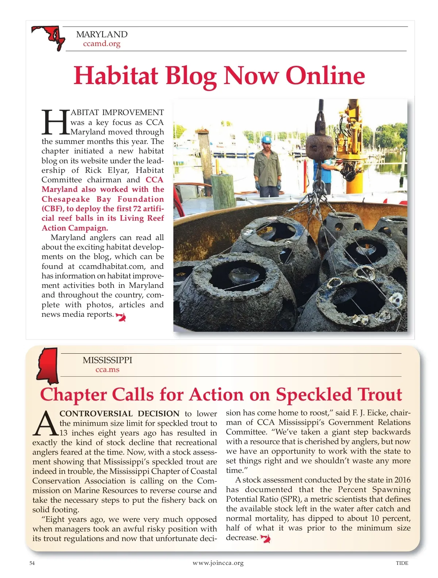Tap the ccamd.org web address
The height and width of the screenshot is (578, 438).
pyautogui.click(x=101, y=44)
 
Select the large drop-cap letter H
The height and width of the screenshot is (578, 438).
pyautogui.click(x=55, y=122)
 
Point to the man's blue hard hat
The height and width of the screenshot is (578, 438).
pyautogui.click(x=266, y=139)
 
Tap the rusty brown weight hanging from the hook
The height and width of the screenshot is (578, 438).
pyautogui.click(x=319, y=146)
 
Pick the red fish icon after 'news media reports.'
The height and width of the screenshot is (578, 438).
pyautogui.click(x=121, y=316)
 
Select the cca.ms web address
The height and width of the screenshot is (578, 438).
pyautogui.click(x=107, y=370)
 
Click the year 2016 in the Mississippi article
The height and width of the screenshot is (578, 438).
pyautogui.click(x=402, y=480)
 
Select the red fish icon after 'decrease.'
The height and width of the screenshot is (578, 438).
pyautogui.click(x=266, y=538)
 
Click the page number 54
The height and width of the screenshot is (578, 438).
pyautogui.click(x=32, y=563)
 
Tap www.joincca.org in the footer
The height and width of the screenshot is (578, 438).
pyautogui.click(x=218, y=563)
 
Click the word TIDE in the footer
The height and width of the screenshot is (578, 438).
pyautogui.click(x=402, y=563)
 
